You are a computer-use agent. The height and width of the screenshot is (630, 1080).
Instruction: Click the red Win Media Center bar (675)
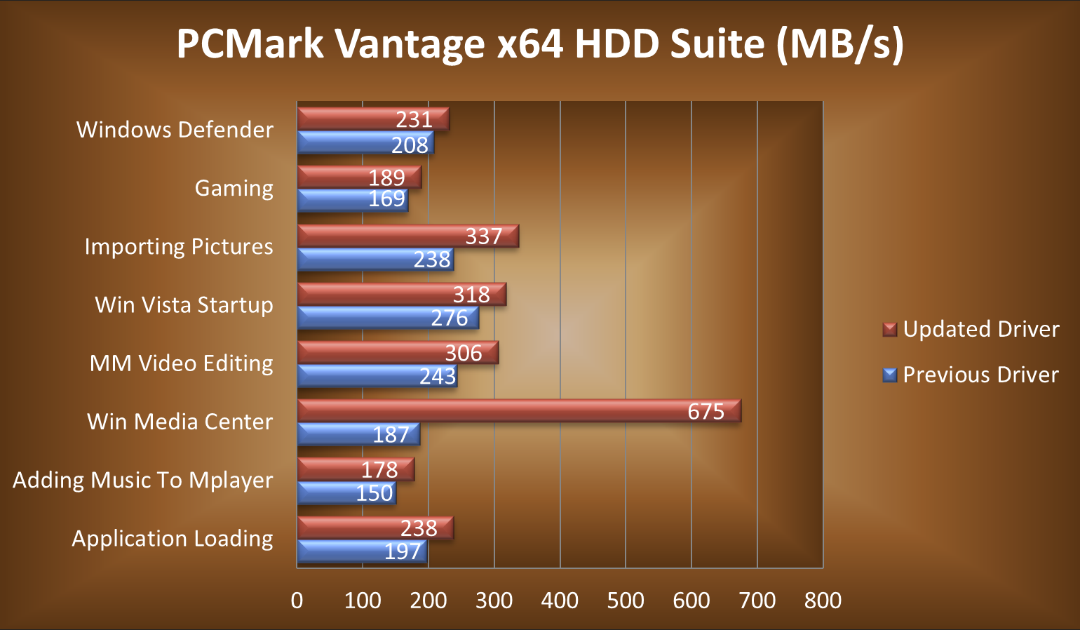click(519, 411)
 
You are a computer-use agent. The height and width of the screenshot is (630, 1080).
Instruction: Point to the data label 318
click(471, 295)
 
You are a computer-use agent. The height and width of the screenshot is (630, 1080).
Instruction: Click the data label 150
click(374, 493)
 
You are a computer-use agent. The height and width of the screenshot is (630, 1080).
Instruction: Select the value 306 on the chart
click(464, 353)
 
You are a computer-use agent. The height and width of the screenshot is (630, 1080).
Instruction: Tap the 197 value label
click(403, 551)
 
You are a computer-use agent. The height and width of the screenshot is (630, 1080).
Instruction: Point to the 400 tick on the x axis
click(560, 601)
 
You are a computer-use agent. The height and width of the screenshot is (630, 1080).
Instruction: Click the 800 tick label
click(823, 601)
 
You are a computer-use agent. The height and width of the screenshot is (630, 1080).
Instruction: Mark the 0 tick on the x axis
click(297, 601)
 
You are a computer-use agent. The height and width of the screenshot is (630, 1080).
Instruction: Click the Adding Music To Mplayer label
click(143, 480)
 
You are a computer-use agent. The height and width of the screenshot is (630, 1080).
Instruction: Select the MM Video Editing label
click(182, 363)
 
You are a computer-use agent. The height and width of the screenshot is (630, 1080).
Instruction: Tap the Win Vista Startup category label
click(184, 305)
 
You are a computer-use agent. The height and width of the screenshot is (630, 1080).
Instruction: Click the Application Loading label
click(173, 538)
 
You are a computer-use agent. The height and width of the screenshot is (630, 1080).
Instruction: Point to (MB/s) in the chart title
click(839, 43)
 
